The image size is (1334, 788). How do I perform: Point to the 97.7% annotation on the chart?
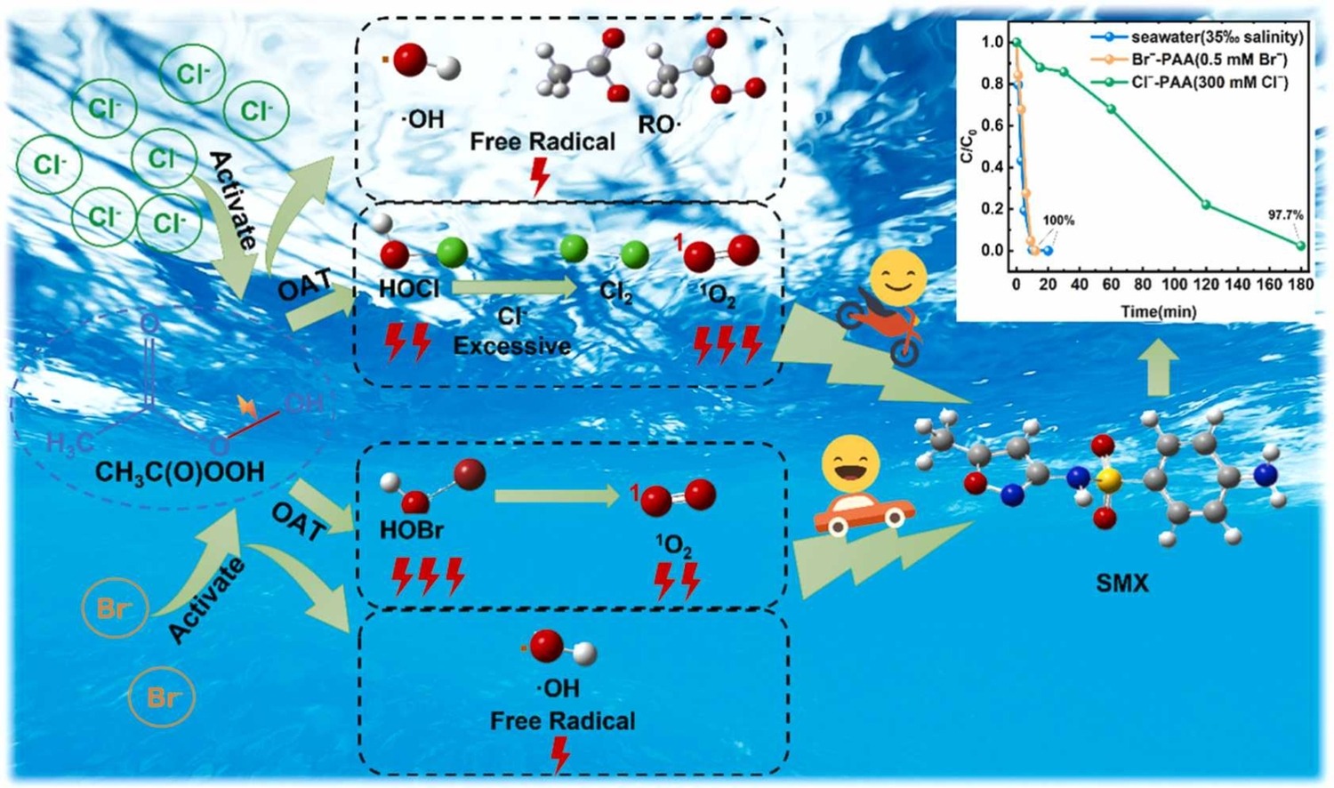[x=1285, y=215]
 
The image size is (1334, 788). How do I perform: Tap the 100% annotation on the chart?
[x=1058, y=220]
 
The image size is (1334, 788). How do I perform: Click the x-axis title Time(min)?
[x=1158, y=311]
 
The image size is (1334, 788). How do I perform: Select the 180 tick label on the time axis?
[x=1301, y=285]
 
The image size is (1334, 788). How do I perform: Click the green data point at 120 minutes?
[x=1206, y=205]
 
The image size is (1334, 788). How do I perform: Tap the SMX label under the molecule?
[x=1121, y=583]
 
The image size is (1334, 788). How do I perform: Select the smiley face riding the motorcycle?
[x=897, y=279]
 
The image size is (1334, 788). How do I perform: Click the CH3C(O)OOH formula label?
[x=180, y=471]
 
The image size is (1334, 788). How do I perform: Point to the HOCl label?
[x=409, y=290]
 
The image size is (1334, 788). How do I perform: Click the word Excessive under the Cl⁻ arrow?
[x=512, y=345]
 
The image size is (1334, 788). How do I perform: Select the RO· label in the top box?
[x=659, y=125]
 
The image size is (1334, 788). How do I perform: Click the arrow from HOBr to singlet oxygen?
[x=557, y=496]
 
